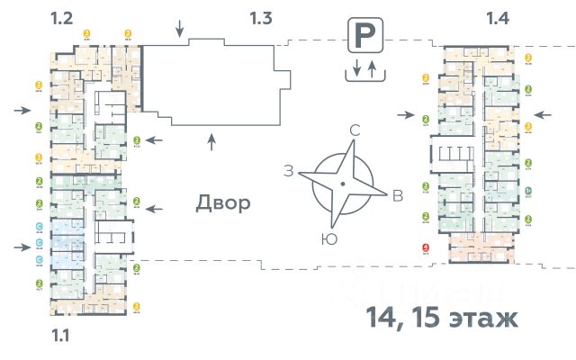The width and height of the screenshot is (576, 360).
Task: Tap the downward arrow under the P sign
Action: click(357, 68)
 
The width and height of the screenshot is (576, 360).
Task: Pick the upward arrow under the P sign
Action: click(370, 68)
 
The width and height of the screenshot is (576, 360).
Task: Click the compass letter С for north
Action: click(355, 131)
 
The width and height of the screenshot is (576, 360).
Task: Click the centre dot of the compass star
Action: click(342, 185)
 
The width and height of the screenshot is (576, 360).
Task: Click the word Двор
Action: click(223, 203)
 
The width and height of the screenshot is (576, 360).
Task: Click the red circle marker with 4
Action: click(425, 249)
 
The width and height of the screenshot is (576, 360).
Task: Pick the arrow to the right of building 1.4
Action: click(543, 114)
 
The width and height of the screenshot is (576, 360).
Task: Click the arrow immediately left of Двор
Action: click(156, 208)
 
